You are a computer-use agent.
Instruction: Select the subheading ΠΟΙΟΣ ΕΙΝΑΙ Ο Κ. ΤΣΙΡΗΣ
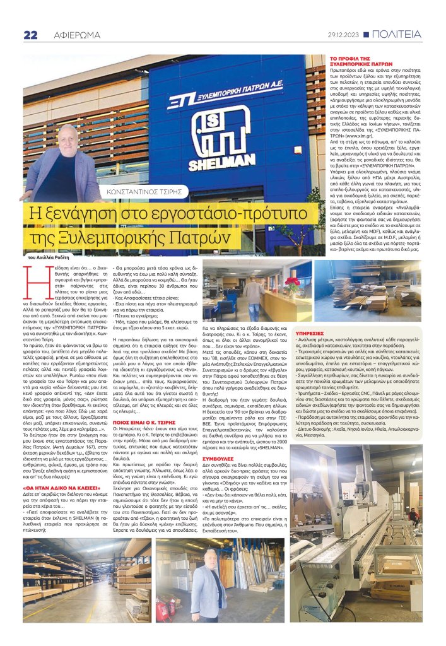pyautogui.click(x=150, y=369)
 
